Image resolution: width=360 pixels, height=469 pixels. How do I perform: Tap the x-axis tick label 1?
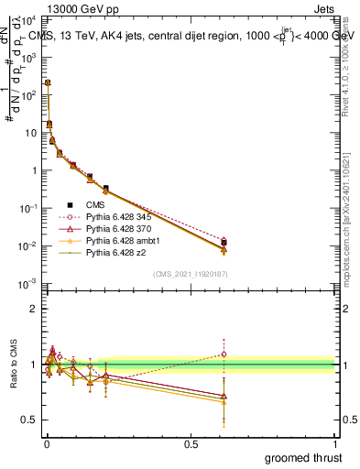tap(336, 444)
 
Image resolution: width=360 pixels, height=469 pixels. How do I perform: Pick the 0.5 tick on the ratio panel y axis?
tap(30, 420)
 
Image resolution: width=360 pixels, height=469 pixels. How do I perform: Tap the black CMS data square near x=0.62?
tap(224, 243)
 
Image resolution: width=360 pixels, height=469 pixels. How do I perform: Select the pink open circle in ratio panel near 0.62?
tap(224, 354)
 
